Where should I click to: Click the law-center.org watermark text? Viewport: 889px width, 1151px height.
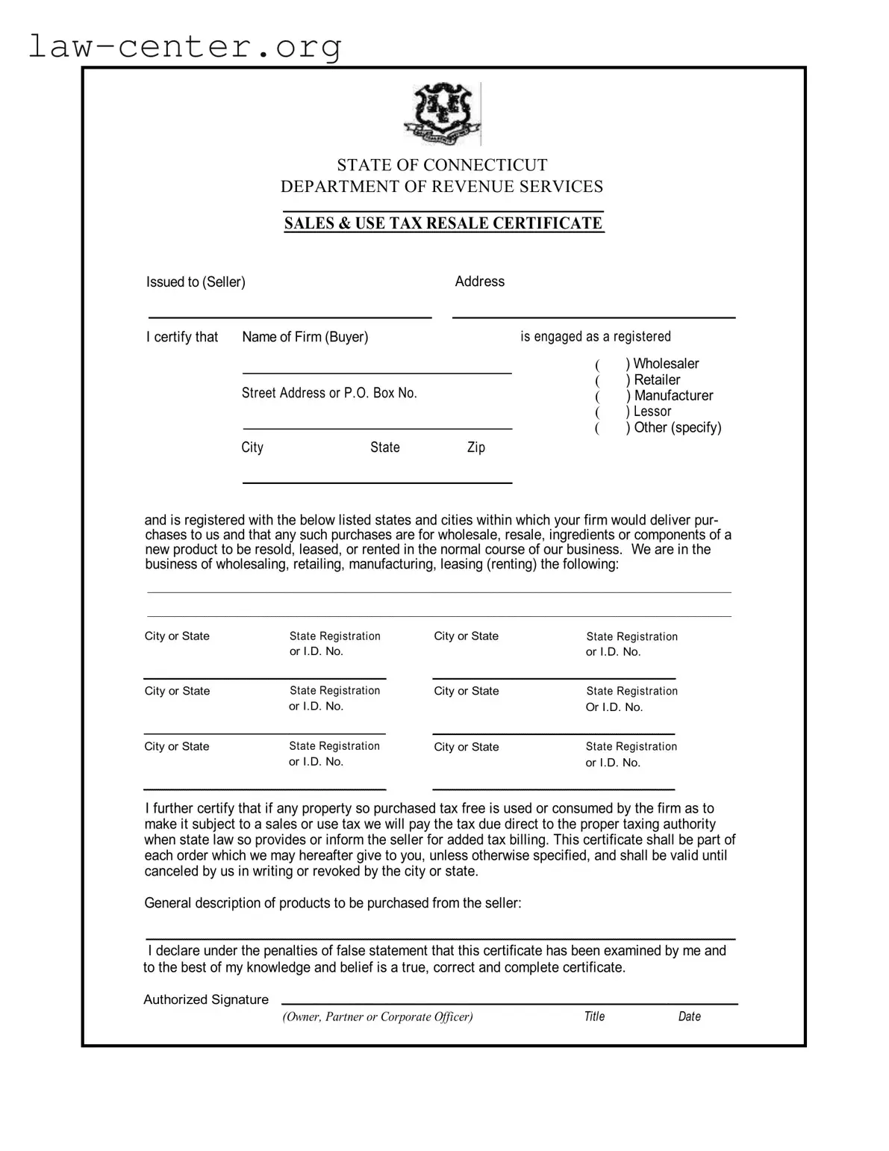(184, 46)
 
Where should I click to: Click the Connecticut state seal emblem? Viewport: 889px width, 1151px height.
(442, 114)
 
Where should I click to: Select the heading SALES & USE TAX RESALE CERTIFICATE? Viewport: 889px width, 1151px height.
(443, 223)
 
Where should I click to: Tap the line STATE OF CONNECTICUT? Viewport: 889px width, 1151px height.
(442, 165)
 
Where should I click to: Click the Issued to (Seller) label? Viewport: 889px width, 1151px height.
(196, 282)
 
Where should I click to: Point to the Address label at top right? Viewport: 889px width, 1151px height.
(479, 282)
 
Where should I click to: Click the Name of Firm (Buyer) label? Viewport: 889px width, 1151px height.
(305, 337)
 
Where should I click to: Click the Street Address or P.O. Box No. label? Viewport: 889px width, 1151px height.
(329, 393)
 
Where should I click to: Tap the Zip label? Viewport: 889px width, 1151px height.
(476, 447)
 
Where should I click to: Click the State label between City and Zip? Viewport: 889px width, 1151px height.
(385, 447)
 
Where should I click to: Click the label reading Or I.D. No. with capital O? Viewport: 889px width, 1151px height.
(614, 707)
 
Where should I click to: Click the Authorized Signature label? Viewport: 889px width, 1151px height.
(206, 999)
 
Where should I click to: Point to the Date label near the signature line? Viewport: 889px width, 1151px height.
(689, 1017)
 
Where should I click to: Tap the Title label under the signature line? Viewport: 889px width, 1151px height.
(594, 1017)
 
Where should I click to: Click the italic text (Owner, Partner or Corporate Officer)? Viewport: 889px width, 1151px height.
(378, 1017)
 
